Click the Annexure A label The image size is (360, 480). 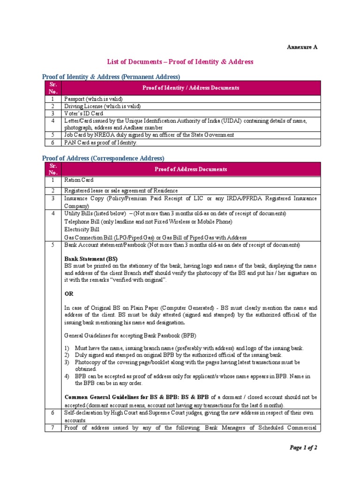click(x=302, y=47)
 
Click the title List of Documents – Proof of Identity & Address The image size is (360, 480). click(x=180, y=61)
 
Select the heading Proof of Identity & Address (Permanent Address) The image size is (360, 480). click(x=111, y=77)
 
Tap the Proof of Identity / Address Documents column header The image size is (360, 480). click(x=191, y=88)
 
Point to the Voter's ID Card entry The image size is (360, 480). click(x=84, y=113)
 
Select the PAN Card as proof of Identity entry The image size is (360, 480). click(x=101, y=142)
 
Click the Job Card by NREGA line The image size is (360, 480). click(x=149, y=135)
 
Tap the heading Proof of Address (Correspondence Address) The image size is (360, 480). click(x=103, y=158)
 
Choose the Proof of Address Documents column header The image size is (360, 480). click(x=191, y=169)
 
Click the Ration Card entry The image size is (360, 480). click(x=79, y=180)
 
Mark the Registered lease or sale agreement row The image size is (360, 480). click(x=121, y=190)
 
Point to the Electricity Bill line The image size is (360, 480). click(x=82, y=230)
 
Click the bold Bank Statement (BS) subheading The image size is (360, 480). click(x=91, y=259)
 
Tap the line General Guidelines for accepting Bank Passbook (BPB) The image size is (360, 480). click(x=130, y=336)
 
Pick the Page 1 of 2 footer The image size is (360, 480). click(x=303, y=448)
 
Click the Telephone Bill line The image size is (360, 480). click(x=148, y=222)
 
